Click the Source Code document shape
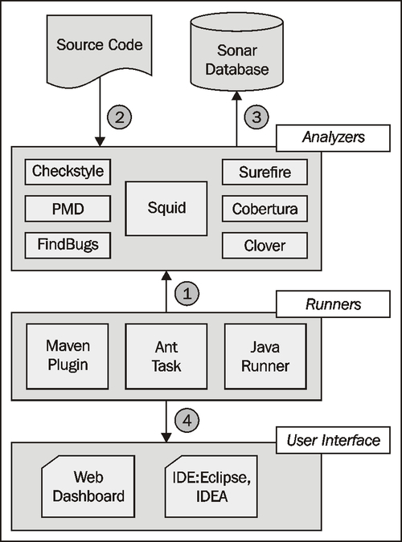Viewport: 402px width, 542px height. tap(100, 50)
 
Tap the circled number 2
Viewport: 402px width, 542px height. tap(120, 117)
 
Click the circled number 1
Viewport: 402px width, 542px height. tap(186, 295)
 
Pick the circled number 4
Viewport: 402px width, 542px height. tap(186, 419)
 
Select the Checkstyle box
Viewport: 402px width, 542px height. tap(68, 172)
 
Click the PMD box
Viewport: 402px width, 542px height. tap(68, 208)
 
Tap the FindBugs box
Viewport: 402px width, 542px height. tap(68, 244)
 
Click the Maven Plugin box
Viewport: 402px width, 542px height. tap(68, 355)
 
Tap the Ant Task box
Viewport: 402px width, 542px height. tap(166, 355)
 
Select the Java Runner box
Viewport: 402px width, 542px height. tap(265, 355)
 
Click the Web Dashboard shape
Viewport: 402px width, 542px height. tap(88, 485)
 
